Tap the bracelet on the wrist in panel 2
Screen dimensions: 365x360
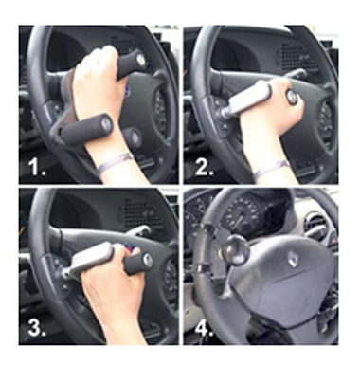tap(271, 168)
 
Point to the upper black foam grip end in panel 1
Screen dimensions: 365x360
tap(130, 63)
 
